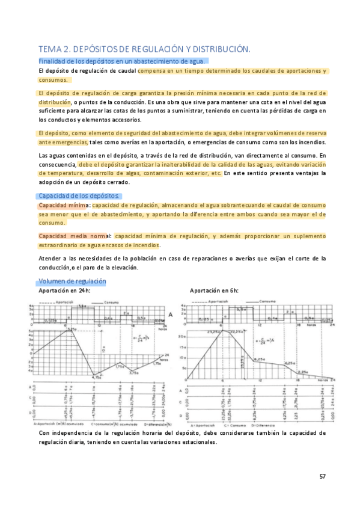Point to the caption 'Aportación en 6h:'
(x=214, y=290)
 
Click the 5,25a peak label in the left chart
(x=72, y=328)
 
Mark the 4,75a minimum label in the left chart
(x=96, y=376)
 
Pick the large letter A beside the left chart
(x=171, y=315)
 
